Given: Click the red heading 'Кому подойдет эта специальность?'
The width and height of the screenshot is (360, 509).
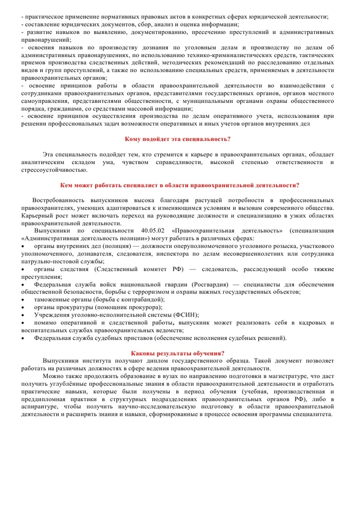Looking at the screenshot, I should pos(178,139).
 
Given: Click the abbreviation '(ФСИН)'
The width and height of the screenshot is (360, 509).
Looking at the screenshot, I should pos(187,315).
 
